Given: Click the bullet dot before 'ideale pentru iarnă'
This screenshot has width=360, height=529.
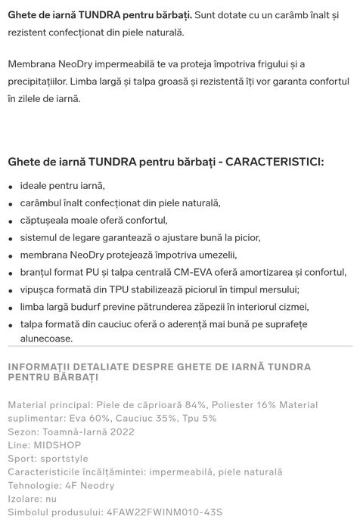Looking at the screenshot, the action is click(11, 187).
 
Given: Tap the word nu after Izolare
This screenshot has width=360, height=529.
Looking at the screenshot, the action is click(51, 499).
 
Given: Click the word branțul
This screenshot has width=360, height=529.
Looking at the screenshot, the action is click(38, 272).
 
